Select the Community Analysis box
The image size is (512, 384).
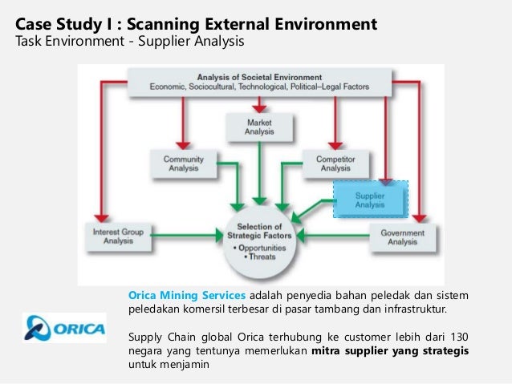click(x=184, y=164)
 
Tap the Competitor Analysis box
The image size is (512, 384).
click(x=335, y=164)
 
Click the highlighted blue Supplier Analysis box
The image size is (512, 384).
click(x=370, y=199)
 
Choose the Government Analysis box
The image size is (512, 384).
click(x=404, y=236)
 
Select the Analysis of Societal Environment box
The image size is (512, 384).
click(x=260, y=83)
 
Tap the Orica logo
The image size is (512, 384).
click(x=63, y=328)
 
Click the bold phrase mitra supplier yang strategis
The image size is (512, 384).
click(x=390, y=351)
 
